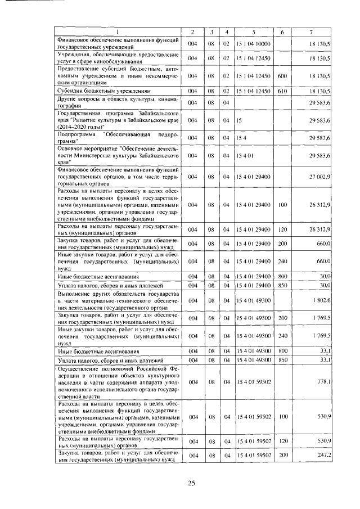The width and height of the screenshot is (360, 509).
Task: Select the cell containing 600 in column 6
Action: pyautogui.click(x=282, y=75)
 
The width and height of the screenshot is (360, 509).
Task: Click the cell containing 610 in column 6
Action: pyautogui.click(x=282, y=90)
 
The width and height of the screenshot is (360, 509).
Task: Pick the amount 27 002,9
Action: pyautogui.click(x=322, y=177)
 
